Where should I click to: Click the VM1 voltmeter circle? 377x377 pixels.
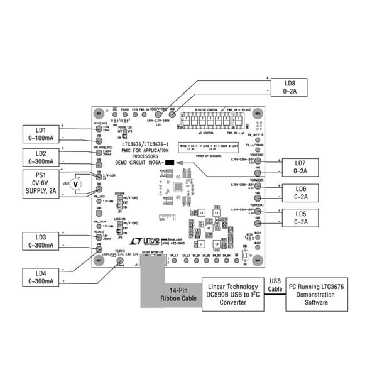(77, 183)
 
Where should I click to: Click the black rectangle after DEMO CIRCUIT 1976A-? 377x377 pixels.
(169, 163)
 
